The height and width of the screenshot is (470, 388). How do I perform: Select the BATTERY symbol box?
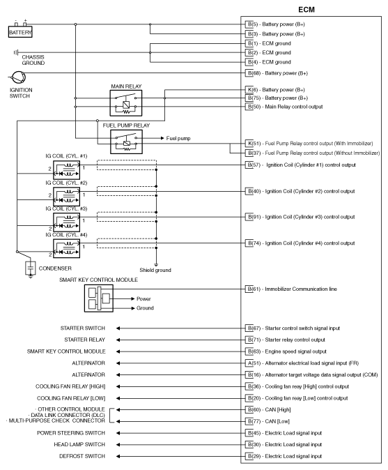click(20, 33)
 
